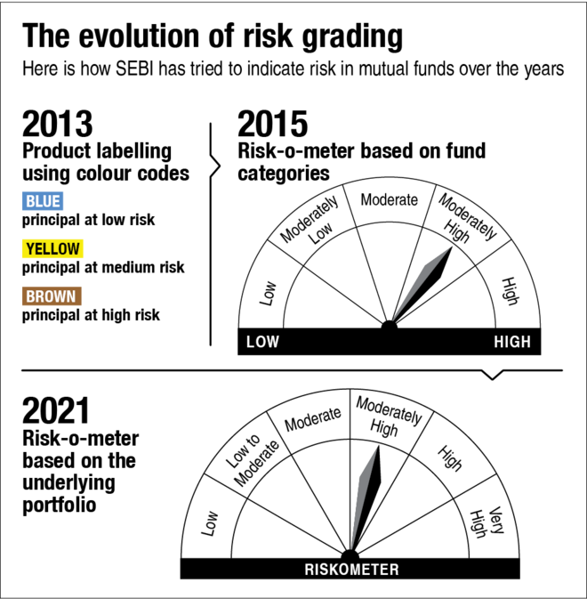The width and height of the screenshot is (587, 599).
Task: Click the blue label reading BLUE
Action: [43, 201]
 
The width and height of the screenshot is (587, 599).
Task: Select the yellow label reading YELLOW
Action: [52, 249]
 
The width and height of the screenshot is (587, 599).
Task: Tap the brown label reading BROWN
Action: [52, 296]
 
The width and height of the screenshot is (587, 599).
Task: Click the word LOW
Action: [262, 342]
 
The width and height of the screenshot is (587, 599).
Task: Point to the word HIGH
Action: [512, 342]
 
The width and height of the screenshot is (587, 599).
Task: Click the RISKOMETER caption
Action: [351, 570]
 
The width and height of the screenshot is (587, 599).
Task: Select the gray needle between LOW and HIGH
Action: [422, 283]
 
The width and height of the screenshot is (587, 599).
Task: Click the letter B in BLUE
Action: [30, 201]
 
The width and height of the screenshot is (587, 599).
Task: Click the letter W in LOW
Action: [272, 342]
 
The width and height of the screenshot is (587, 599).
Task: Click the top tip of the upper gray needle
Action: [449, 247]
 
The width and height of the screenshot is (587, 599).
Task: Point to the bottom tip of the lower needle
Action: [351, 549]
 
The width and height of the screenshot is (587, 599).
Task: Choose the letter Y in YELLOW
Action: [30, 249]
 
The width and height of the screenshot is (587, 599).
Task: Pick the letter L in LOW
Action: [250, 342]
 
